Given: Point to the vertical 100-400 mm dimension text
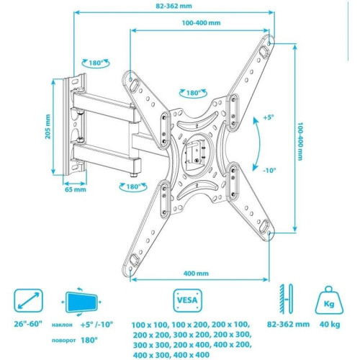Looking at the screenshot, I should [297, 140].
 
